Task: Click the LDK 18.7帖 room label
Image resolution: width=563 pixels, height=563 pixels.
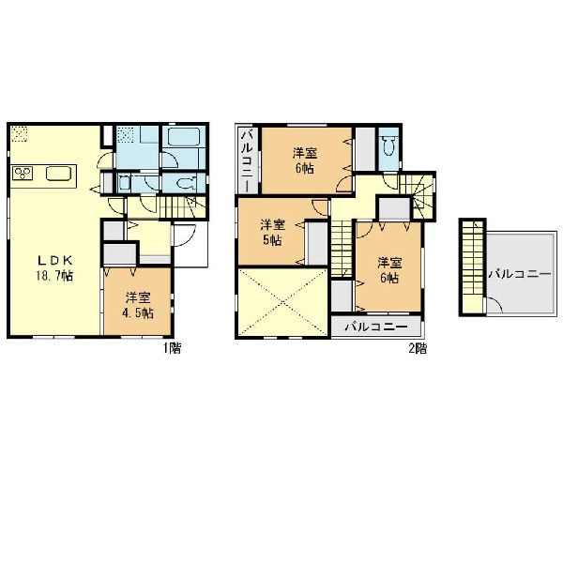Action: coord(54,267)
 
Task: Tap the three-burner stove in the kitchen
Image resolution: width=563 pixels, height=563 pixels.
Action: coord(23,174)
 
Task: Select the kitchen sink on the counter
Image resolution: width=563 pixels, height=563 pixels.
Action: coord(58,175)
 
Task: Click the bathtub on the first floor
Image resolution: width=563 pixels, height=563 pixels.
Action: coord(184,137)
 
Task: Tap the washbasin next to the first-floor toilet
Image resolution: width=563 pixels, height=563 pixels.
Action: coord(125,183)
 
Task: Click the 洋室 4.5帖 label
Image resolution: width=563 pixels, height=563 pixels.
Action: coord(138,306)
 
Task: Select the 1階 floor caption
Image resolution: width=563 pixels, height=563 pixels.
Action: coord(173,348)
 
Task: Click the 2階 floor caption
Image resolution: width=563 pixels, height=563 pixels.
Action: coord(418,348)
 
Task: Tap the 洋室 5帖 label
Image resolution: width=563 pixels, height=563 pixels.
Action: coord(272,233)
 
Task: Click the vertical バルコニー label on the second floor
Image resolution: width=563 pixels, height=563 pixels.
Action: coord(249,160)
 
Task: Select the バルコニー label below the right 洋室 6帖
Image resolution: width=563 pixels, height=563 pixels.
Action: coord(376,327)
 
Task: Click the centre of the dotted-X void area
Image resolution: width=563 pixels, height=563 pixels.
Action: coord(283,302)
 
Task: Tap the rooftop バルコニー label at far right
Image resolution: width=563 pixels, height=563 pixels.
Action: coord(520,274)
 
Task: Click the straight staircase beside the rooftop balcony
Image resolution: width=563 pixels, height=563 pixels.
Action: coord(473,266)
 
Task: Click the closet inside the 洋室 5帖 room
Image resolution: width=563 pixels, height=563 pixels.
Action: coord(318,243)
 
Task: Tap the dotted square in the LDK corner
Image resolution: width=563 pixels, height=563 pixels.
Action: coord(19,133)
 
